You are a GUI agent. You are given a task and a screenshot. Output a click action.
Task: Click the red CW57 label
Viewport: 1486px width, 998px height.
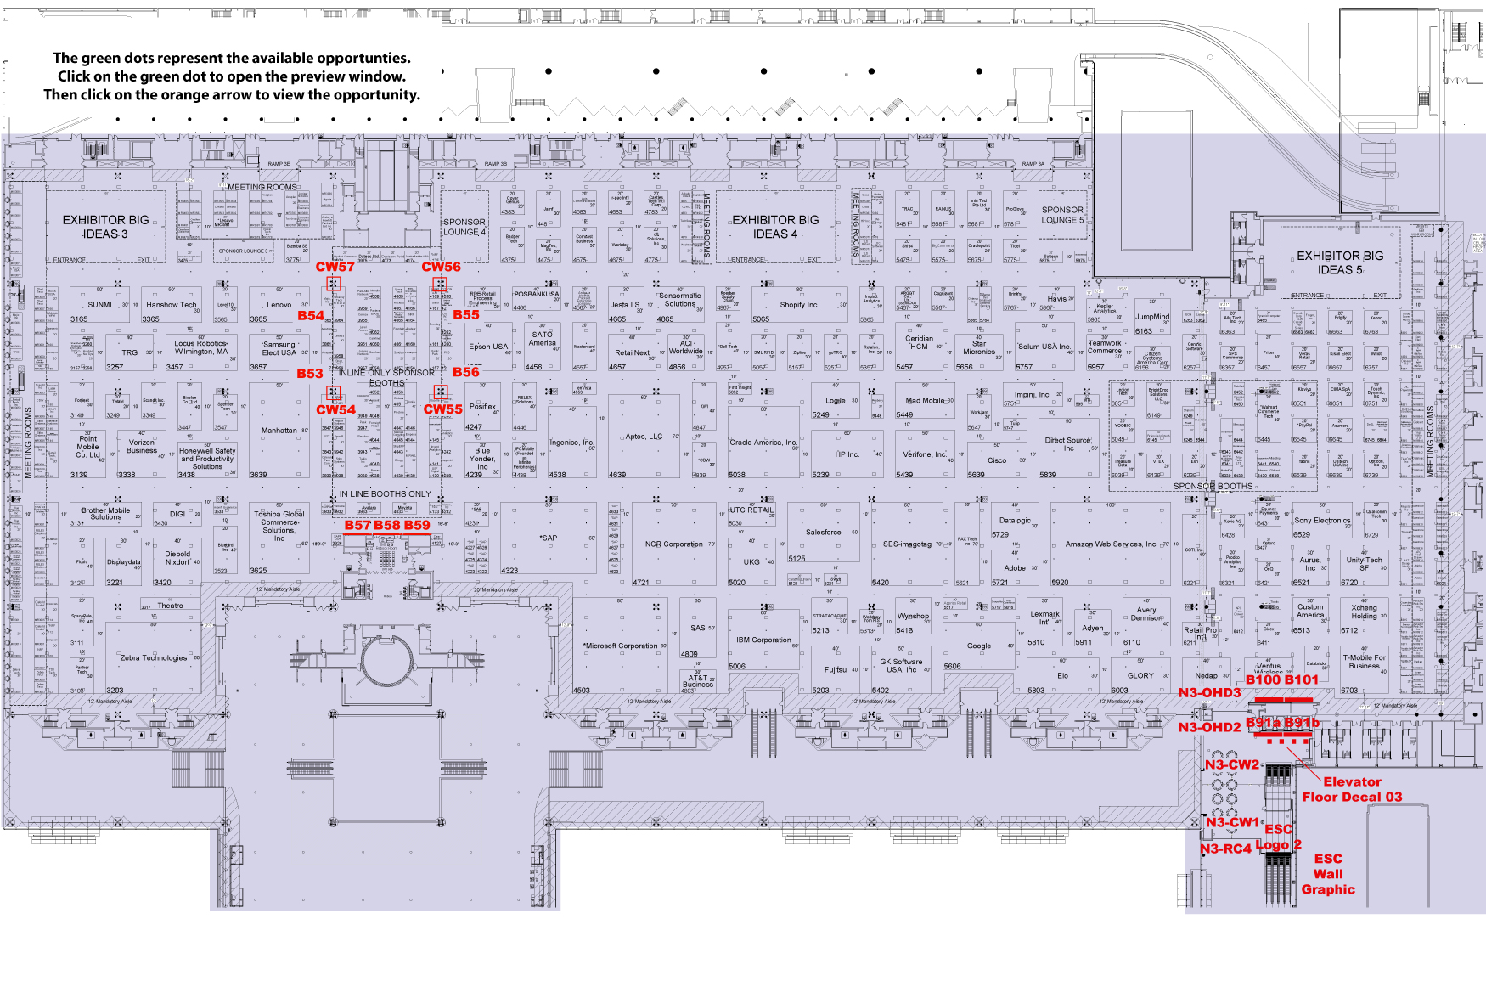(335, 267)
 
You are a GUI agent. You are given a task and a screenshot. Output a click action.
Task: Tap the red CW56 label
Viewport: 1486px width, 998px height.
(441, 267)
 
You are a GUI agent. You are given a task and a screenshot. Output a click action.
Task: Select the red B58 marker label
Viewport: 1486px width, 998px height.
(387, 525)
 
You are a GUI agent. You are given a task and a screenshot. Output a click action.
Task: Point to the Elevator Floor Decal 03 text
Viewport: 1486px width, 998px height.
(1352, 789)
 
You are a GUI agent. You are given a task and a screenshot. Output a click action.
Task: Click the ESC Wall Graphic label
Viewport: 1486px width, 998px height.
(1328, 874)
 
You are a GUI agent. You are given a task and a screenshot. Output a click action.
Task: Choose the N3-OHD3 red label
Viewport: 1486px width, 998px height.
(1209, 693)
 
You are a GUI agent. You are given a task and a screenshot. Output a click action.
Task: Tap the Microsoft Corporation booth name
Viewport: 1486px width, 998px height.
(621, 646)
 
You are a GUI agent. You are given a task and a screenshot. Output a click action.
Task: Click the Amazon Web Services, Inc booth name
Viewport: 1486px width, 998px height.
(1111, 544)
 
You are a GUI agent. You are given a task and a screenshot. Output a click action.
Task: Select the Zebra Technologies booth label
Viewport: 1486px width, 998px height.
(153, 657)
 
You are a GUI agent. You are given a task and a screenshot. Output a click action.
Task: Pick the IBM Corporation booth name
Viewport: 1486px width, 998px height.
(763, 640)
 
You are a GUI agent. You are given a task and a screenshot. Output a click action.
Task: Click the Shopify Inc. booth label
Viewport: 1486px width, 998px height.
(799, 305)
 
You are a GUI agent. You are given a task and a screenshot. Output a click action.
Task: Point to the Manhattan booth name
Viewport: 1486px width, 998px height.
(279, 431)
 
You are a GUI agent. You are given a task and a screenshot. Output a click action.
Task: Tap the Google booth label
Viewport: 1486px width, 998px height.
(979, 646)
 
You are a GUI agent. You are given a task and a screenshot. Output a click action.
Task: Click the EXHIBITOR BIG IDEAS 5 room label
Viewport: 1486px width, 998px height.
(1339, 262)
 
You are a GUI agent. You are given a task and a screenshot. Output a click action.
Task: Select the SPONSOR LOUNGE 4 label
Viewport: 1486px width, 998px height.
(464, 227)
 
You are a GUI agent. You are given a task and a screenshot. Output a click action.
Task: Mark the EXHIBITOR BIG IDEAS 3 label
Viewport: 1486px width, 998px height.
(105, 227)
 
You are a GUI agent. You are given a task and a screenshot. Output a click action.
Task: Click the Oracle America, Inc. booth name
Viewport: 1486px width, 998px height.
(763, 443)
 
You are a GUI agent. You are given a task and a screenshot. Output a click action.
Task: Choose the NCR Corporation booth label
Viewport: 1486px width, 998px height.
(673, 544)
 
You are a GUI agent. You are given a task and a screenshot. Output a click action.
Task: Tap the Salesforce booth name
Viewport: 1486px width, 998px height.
(823, 533)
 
